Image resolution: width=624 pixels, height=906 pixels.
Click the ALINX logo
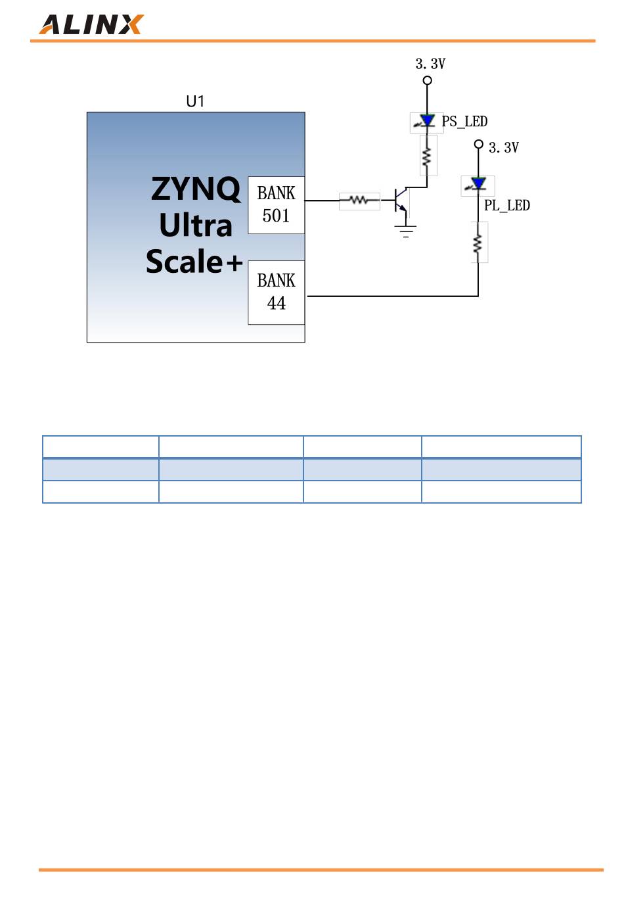(x=91, y=24)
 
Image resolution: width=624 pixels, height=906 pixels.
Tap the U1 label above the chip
(x=195, y=101)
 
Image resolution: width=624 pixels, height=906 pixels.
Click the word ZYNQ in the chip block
(x=196, y=189)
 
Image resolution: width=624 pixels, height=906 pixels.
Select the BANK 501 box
(x=276, y=204)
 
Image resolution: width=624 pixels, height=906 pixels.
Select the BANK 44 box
(x=276, y=292)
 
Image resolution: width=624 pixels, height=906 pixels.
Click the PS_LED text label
(x=464, y=122)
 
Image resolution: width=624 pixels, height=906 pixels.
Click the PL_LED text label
(x=506, y=206)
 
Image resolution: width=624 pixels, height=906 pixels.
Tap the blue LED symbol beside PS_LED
(x=427, y=122)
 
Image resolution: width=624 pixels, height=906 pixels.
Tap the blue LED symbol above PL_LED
(x=478, y=184)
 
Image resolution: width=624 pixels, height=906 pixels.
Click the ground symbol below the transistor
(x=406, y=231)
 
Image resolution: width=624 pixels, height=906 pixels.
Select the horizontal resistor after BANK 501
(x=359, y=201)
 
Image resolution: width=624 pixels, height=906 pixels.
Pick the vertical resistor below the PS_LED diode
(x=428, y=156)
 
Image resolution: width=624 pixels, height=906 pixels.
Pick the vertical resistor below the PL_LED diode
(x=479, y=243)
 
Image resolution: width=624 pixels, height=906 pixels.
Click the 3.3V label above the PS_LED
(x=430, y=64)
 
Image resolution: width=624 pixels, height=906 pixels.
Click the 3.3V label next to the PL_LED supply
(x=504, y=148)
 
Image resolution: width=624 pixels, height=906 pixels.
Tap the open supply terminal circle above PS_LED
(x=427, y=81)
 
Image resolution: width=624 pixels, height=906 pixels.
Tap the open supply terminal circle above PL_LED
(x=478, y=144)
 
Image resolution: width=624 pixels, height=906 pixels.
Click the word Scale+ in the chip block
(x=194, y=262)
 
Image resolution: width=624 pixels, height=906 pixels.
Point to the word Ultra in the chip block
(x=196, y=226)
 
